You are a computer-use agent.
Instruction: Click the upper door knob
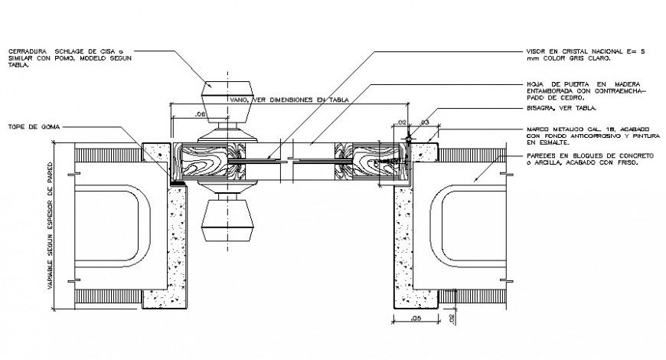pyautogui.click(x=227, y=97)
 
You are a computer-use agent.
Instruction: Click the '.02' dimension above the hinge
pyautogui.click(x=400, y=122)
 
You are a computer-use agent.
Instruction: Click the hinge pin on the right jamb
pyautogui.click(x=409, y=139)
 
